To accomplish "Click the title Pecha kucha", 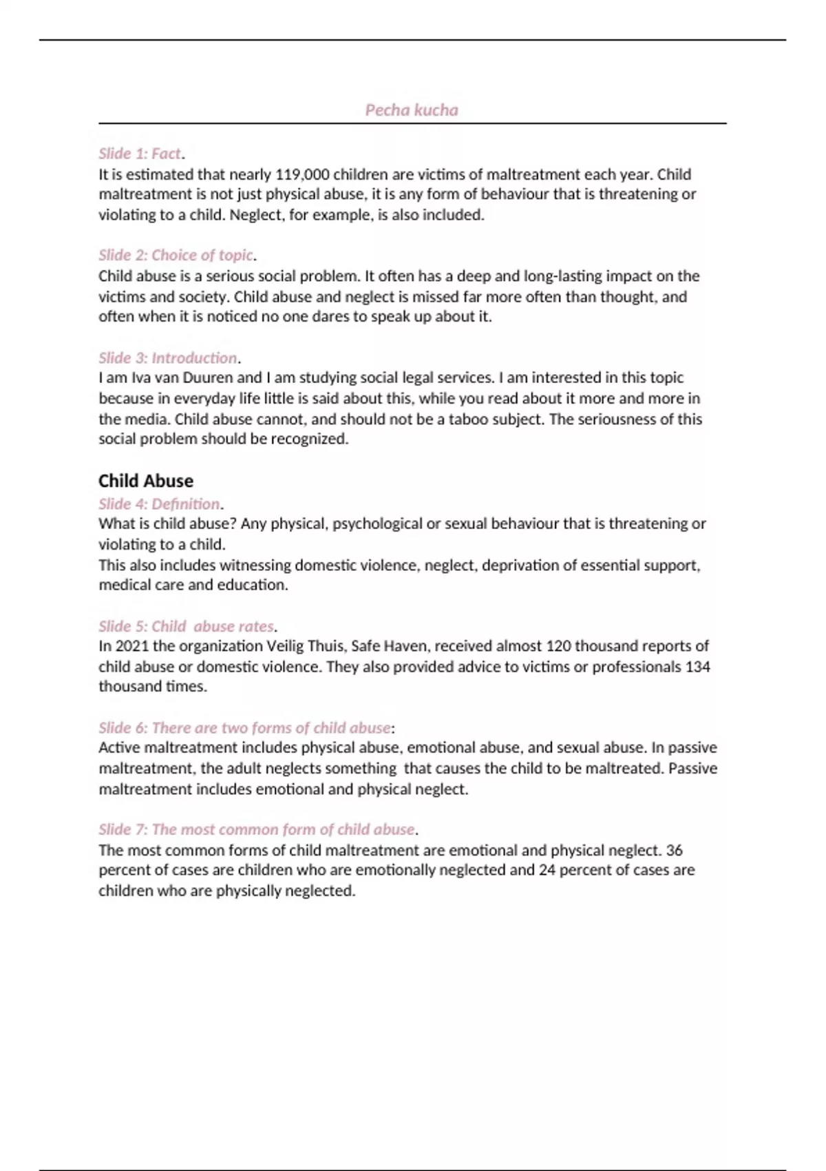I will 412,110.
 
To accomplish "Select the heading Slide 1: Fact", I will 140,154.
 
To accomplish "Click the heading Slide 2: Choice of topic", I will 176,256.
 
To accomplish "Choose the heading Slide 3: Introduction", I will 168,358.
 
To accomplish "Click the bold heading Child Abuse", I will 146,481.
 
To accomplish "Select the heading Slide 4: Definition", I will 159,504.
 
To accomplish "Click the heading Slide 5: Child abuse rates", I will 186,627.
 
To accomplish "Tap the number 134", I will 697,667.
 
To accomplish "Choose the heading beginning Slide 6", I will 244,728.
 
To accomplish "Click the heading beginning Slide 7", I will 257,829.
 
